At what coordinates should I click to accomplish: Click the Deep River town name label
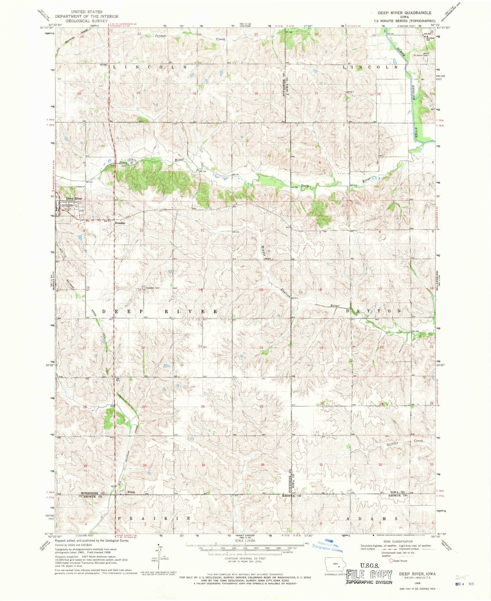point(74,198)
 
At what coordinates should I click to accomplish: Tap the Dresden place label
point(120,223)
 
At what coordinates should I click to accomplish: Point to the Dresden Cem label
point(153,288)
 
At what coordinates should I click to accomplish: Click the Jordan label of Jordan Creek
point(161,35)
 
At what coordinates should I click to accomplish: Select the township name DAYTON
point(373,311)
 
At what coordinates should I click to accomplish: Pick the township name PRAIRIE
point(154,518)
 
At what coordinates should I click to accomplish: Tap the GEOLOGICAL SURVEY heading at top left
point(87,20)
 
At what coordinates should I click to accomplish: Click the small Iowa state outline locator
point(335,565)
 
